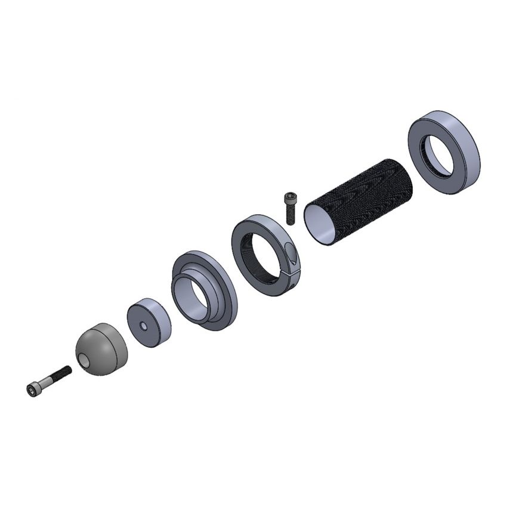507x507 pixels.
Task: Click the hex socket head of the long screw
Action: [x=32, y=389]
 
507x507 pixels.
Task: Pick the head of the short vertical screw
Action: [x=290, y=197]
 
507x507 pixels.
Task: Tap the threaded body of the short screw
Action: [x=290, y=215]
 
